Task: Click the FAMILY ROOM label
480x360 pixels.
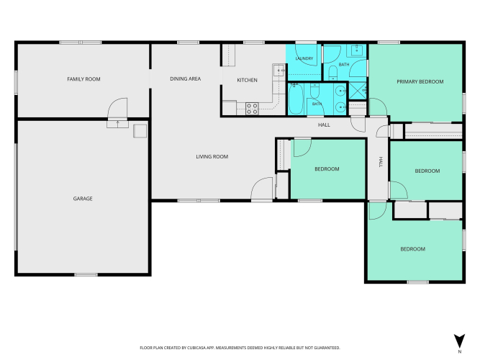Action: (x=83, y=79)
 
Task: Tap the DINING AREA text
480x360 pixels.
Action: (x=185, y=78)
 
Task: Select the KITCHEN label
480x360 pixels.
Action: (x=247, y=80)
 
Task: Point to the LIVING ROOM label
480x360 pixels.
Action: (x=212, y=156)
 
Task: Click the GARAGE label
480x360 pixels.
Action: (x=83, y=199)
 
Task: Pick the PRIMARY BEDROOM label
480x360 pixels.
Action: (x=420, y=81)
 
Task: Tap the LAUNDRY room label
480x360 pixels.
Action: (x=304, y=58)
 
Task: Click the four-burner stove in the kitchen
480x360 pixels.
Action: (x=252, y=109)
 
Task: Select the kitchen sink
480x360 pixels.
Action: (x=279, y=70)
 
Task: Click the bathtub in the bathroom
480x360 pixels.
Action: (x=295, y=99)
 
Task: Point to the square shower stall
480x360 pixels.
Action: (x=358, y=91)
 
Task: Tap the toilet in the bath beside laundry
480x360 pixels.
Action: (x=332, y=73)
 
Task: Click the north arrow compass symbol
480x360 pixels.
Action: (x=459, y=341)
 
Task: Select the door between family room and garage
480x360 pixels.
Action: (x=117, y=108)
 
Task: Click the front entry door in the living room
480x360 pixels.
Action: (x=262, y=189)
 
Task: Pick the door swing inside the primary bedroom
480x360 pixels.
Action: (x=378, y=107)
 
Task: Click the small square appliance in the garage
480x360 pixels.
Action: (x=140, y=131)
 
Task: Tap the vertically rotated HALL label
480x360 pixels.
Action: (x=381, y=162)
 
